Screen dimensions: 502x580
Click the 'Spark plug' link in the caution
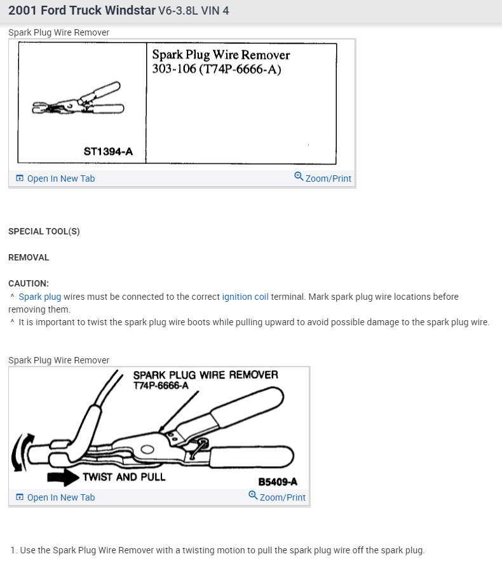click(x=40, y=297)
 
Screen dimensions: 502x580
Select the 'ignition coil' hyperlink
click(x=245, y=297)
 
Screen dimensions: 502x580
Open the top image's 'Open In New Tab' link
click(x=55, y=179)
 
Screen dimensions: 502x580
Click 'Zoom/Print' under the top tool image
click(x=323, y=178)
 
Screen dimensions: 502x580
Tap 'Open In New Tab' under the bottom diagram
click(x=55, y=497)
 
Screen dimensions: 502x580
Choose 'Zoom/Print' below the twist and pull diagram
click(x=277, y=497)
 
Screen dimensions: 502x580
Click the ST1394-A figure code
click(x=108, y=151)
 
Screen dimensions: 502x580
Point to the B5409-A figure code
click(x=278, y=482)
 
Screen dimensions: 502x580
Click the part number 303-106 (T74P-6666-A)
click(x=217, y=69)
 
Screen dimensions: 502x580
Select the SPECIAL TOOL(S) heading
click(x=44, y=232)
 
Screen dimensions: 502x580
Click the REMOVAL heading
click(x=29, y=257)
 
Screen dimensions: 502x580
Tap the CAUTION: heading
click(x=29, y=283)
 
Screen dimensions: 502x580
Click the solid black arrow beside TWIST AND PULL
click(x=64, y=477)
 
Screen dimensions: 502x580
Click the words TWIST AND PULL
click(x=124, y=477)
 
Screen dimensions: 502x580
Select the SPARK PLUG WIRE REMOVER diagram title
click(x=206, y=375)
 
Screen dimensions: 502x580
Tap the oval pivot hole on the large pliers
click(x=147, y=450)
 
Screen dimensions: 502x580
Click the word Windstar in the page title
click(x=130, y=10)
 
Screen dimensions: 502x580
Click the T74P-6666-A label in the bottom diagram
click(x=161, y=386)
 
